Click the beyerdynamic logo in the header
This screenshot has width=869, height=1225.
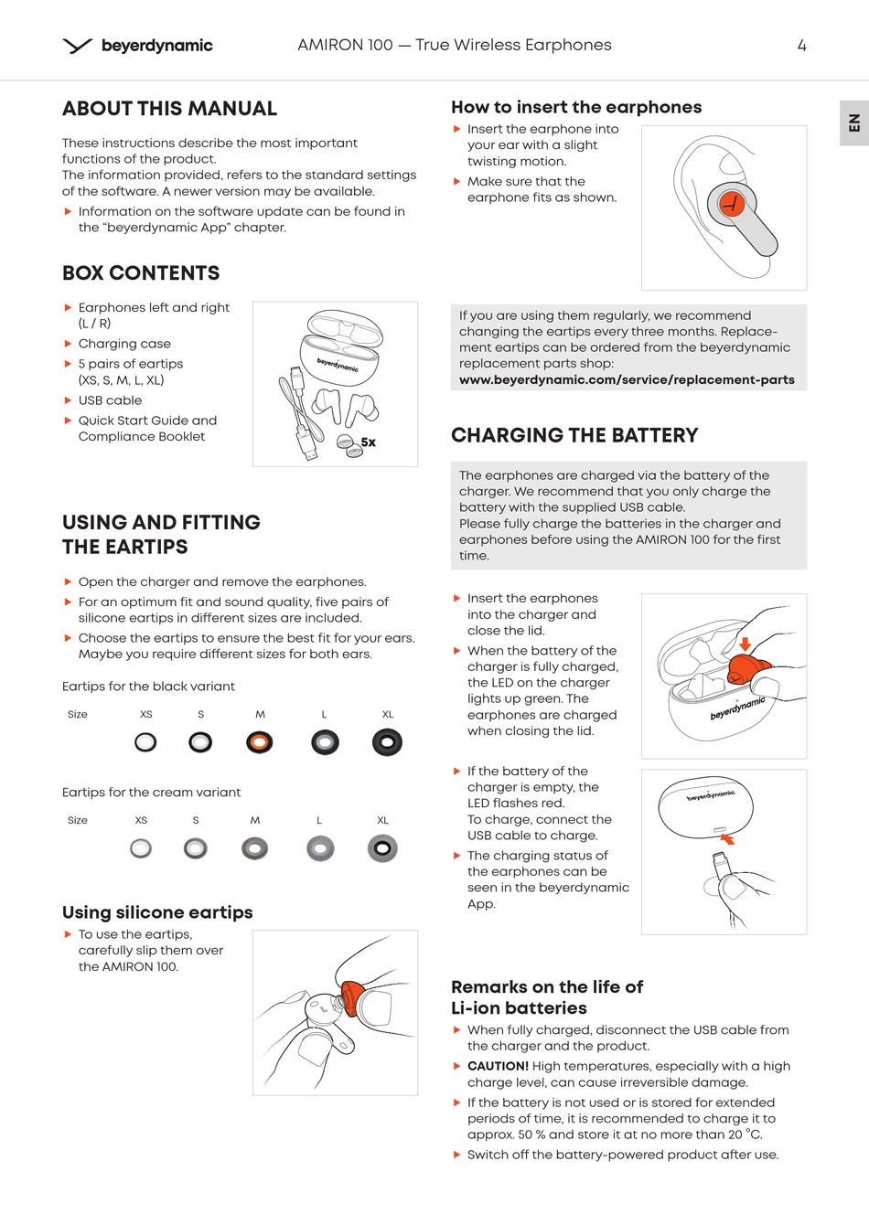(x=138, y=46)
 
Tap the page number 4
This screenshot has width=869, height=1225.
(x=801, y=46)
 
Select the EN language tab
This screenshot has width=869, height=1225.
(x=854, y=122)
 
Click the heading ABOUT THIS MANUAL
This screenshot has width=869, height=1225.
(x=169, y=109)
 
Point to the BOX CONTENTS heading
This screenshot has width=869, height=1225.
(x=141, y=273)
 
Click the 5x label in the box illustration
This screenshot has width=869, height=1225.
(x=368, y=442)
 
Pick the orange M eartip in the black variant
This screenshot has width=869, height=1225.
(x=260, y=742)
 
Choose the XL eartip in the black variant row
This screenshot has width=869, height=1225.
(x=387, y=742)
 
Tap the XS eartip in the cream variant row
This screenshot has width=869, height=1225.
(x=141, y=848)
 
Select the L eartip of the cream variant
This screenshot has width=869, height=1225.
(x=319, y=848)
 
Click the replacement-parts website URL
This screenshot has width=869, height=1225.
(x=627, y=379)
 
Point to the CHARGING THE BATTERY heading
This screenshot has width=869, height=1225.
(x=574, y=435)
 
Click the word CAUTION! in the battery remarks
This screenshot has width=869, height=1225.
(x=498, y=1066)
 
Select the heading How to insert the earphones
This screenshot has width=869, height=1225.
(x=576, y=107)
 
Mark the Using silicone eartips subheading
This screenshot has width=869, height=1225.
(x=157, y=912)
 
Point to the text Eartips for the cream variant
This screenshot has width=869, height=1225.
(x=151, y=793)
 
